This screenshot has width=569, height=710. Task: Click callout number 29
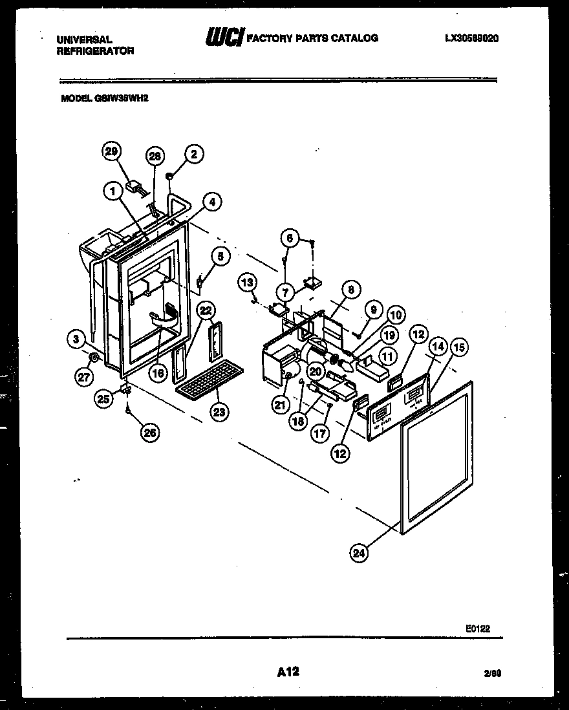pos(111,151)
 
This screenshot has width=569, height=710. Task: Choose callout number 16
pos(158,372)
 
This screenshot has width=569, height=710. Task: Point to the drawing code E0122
pos(482,627)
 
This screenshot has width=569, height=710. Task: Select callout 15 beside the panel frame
pos(458,348)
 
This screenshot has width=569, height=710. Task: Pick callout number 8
pos(350,291)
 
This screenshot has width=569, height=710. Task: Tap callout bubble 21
pos(279,405)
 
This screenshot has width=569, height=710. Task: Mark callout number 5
pos(220,257)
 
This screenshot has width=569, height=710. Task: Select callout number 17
pos(320,434)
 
